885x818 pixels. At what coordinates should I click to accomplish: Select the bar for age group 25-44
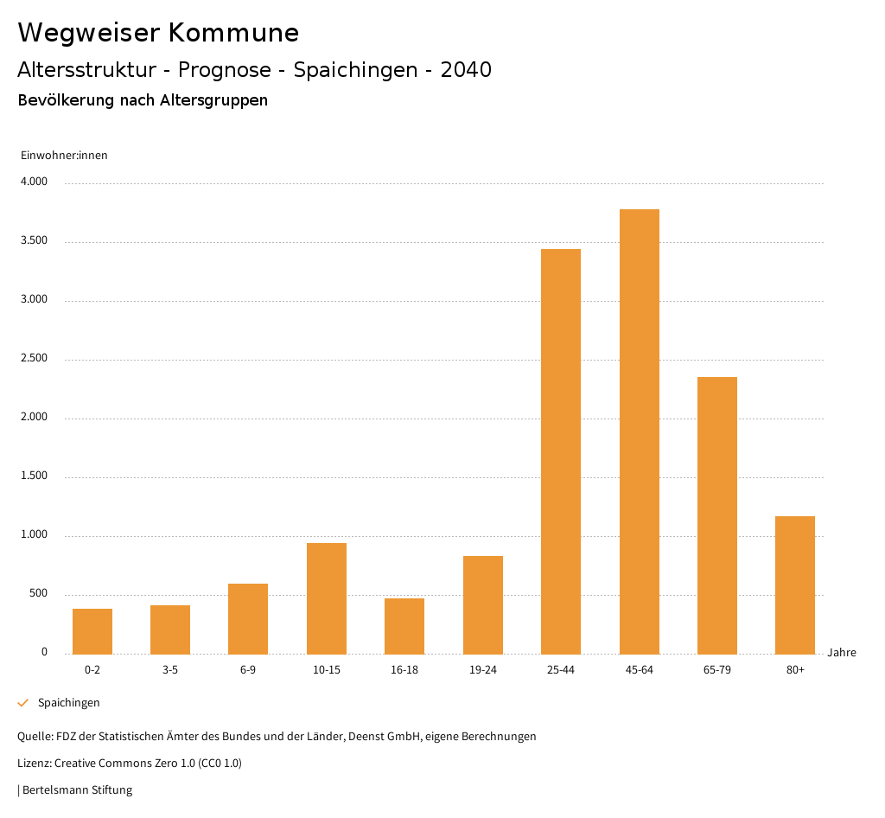pyautogui.click(x=561, y=451)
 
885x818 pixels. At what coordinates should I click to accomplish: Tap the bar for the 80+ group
pyautogui.click(x=795, y=585)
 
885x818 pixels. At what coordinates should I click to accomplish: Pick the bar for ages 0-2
pyautogui.click(x=92, y=631)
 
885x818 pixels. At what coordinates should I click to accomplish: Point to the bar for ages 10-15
pyautogui.click(x=327, y=598)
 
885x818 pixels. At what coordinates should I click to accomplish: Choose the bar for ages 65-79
pyautogui.click(x=717, y=514)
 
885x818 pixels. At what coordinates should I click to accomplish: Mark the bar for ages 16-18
pyautogui.click(x=404, y=625)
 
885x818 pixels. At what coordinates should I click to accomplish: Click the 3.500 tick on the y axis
pyautogui.click(x=34, y=241)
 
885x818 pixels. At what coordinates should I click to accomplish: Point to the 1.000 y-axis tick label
pyautogui.click(x=34, y=535)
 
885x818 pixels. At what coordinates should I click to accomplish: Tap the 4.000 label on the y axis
pyautogui.click(x=34, y=182)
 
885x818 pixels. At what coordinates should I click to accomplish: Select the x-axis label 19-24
pyautogui.click(x=483, y=670)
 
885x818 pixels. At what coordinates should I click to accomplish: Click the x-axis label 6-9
pyautogui.click(x=248, y=670)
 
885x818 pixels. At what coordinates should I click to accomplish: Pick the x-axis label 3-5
pyautogui.click(x=170, y=670)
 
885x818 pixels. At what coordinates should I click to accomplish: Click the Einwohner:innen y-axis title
pyautogui.click(x=64, y=156)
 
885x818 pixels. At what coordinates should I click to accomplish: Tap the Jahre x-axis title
pyautogui.click(x=842, y=653)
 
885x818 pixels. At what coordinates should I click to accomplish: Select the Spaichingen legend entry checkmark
pyautogui.click(x=23, y=703)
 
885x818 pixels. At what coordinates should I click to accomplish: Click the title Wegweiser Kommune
pyautogui.click(x=158, y=33)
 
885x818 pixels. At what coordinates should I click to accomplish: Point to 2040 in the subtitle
pyautogui.click(x=466, y=70)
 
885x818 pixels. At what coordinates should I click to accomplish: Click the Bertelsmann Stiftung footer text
pyautogui.click(x=77, y=789)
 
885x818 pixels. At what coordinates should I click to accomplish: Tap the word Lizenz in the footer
pyautogui.click(x=34, y=764)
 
